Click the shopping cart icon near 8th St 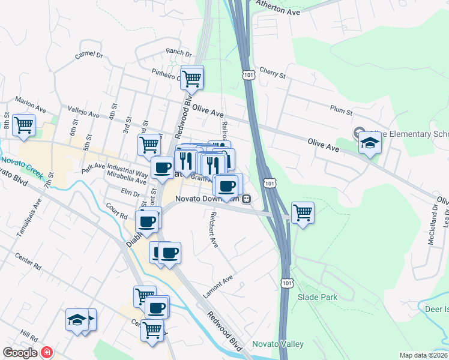tap(24, 125)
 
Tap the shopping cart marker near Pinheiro tap(192, 77)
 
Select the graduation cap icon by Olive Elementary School tap(370, 143)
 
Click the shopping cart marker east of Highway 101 tap(303, 212)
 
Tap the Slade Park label tap(318, 297)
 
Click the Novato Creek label tap(19, 161)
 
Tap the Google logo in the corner tap(20, 353)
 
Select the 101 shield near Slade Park tap(285, 280)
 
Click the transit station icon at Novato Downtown tap(247, 199)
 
